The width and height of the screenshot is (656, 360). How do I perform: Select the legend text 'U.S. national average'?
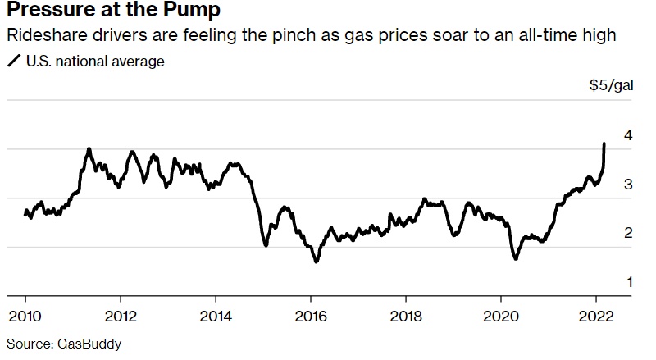(95, 61)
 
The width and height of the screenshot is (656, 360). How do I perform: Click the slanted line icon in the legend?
(13, 61)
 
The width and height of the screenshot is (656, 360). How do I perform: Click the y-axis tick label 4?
(627, 135)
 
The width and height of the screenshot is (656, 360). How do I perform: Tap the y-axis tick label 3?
(627, 185)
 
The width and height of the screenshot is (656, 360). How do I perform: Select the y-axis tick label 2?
(627, 234)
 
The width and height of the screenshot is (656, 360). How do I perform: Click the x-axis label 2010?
(25, 317)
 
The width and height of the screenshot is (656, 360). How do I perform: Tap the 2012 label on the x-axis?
(120, 317)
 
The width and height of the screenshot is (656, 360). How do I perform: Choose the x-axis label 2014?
(215, 317)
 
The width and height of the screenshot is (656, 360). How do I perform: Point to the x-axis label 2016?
(310, 317)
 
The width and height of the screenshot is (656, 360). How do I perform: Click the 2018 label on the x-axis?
(405, 317)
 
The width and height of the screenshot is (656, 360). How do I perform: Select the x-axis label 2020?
(500, 317)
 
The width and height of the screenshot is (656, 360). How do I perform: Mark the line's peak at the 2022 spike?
(604, 144)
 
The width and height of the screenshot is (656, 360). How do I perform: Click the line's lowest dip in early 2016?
(316, 262)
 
